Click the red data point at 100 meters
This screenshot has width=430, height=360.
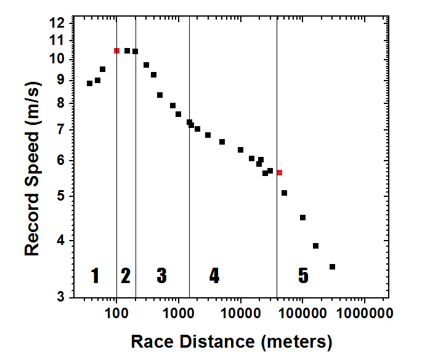click(x=116, y=50)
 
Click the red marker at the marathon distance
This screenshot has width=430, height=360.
click(x=279, y=172)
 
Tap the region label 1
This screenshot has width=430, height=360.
click(x=95, y=276)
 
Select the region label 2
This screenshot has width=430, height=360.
click(x=126, y=276)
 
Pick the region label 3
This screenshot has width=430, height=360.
click(x=161, y=276)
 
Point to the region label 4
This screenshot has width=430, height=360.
click(x=214, y=276)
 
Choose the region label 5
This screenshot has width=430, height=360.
click(x=303, y=276)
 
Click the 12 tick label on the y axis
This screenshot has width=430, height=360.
click(x=57, y=23)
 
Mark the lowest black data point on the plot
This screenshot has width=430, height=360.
click(x=332, y=266)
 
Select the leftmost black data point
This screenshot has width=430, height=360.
click(x=89, y=83)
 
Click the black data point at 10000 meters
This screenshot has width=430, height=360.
click(x=240, y=150)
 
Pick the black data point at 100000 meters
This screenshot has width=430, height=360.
click(x=302, y=217)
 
